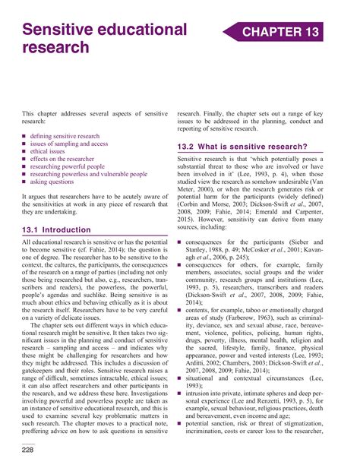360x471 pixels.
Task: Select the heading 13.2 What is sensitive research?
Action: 242,146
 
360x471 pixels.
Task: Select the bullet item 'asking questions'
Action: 58,182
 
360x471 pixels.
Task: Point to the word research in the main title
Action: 55,49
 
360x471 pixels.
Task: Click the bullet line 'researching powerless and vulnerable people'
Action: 93,173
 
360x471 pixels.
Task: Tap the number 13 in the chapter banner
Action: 309,31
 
